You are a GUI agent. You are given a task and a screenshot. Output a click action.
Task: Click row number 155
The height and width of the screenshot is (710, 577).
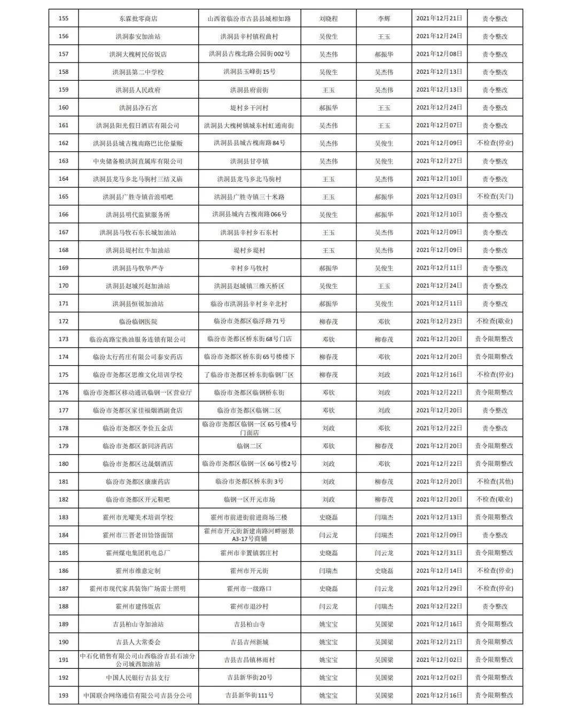point(64,19)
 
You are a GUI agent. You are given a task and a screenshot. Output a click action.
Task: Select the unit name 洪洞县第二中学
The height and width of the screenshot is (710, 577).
point(138,72)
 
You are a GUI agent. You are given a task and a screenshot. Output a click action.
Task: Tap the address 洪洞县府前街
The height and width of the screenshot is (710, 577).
point(249,90)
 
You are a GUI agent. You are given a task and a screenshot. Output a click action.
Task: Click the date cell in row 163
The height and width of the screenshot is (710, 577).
point(439,161)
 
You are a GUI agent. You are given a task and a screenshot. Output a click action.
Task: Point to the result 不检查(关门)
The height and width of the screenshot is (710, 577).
point(495,197)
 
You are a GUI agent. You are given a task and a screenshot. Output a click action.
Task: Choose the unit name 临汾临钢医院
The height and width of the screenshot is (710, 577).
point(138,321)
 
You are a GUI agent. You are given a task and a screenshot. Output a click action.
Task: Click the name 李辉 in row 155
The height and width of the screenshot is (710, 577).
point(384,19)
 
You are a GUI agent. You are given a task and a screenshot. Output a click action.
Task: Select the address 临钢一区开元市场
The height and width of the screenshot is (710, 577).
point(249,499)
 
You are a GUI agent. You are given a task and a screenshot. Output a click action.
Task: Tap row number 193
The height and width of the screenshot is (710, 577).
point(64,696)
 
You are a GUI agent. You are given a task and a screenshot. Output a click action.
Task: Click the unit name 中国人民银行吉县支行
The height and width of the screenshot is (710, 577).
point(138,677)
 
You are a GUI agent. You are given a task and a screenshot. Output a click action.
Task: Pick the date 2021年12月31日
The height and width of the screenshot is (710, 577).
point(439,553)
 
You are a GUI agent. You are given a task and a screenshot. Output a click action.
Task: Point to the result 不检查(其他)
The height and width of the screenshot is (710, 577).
point(495,482)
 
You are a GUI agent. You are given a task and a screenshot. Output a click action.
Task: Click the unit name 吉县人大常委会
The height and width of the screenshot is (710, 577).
point(138,642)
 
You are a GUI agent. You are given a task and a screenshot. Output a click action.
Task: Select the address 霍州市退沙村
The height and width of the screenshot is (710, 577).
point(249,606)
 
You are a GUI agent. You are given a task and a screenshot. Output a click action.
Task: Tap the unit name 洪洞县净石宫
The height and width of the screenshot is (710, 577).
point(138,107)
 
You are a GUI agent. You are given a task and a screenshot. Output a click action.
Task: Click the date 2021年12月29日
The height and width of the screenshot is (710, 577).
point(439,589)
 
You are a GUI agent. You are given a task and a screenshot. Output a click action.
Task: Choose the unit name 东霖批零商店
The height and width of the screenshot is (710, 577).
point(138,19)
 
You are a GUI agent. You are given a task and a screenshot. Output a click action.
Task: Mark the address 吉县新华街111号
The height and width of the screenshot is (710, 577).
point(249,696)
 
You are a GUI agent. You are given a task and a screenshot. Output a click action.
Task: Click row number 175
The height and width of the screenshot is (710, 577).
point(64,375)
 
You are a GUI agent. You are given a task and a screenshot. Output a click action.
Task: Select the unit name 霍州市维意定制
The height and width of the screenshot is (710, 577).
point(138,570)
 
